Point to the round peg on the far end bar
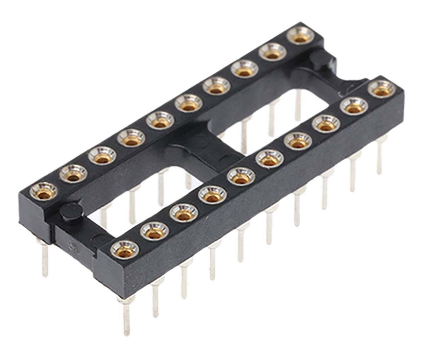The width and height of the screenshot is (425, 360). coord(321,60)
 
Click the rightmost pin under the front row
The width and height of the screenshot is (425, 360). coord(380,156)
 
